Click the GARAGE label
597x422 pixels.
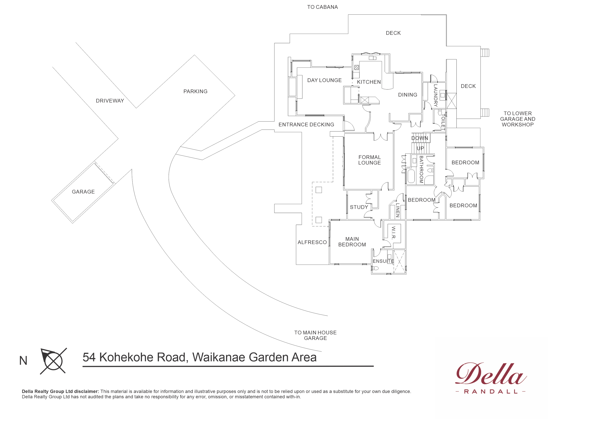coord(83,192)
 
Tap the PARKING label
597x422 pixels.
coord(195,91)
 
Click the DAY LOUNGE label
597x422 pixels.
coord(324,80)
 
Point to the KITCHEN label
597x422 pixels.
coord(369,82)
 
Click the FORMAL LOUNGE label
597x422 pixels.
coord(369,160)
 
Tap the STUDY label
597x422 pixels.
coord(359,207)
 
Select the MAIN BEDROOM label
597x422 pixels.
coord(352,242)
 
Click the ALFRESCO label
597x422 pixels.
coord(312,242)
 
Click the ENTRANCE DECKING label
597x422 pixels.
coord(306,125)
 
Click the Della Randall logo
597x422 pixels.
coord(491,378)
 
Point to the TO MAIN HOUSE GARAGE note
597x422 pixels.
coord(315,335)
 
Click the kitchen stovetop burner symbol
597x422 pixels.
coord(357,68)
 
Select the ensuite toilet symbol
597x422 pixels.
coord(375,268)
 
